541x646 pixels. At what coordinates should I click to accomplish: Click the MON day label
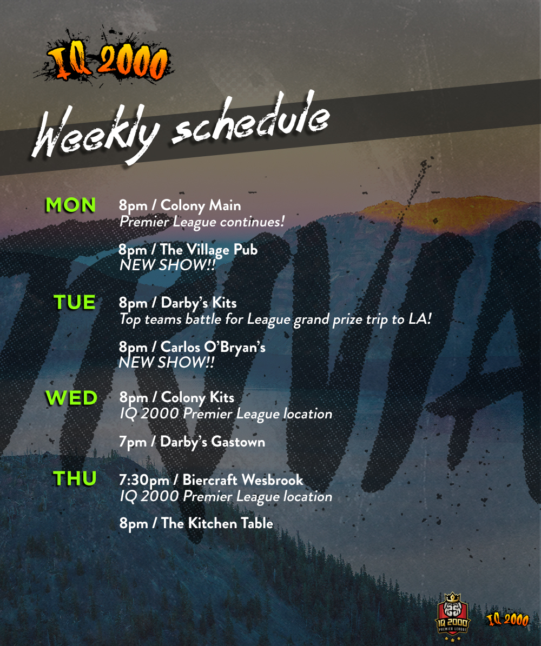(x=70, y=205)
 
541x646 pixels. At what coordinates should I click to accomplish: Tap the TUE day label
(x=75, y=302)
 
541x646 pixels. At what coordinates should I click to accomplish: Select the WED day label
(x=71, y=397)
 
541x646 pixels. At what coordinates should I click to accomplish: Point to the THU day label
(x=75, y=478)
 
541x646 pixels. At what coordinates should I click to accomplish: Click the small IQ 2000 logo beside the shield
(x=507, y=619)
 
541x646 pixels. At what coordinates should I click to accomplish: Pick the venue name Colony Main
(x=200, y=205)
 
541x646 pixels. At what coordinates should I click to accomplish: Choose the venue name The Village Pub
(x=209, y=249)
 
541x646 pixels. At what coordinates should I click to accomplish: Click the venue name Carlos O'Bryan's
(x=213, y=347)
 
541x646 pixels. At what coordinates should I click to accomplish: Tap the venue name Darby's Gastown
(x=213, y=442)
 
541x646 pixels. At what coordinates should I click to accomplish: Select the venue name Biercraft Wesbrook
(x=243, y=479)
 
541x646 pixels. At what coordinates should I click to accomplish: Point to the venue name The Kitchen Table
(x=217, y=523)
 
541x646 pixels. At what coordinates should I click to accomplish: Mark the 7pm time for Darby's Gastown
(x=133, y=442)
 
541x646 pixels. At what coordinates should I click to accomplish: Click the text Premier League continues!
(x=202, y=222)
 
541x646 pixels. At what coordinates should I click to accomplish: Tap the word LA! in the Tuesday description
(x=420, y=319)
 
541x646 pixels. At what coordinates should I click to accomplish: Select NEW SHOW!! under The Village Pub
(x=167, y=265)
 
